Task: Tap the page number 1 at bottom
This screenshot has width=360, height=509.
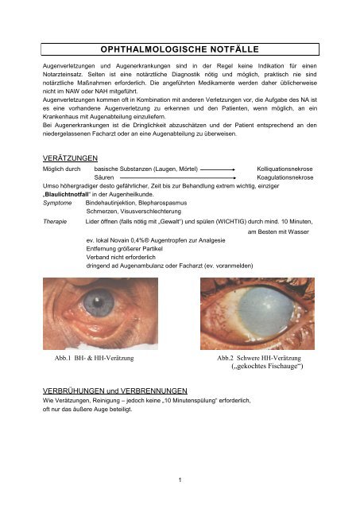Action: (x=180, y=480)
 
